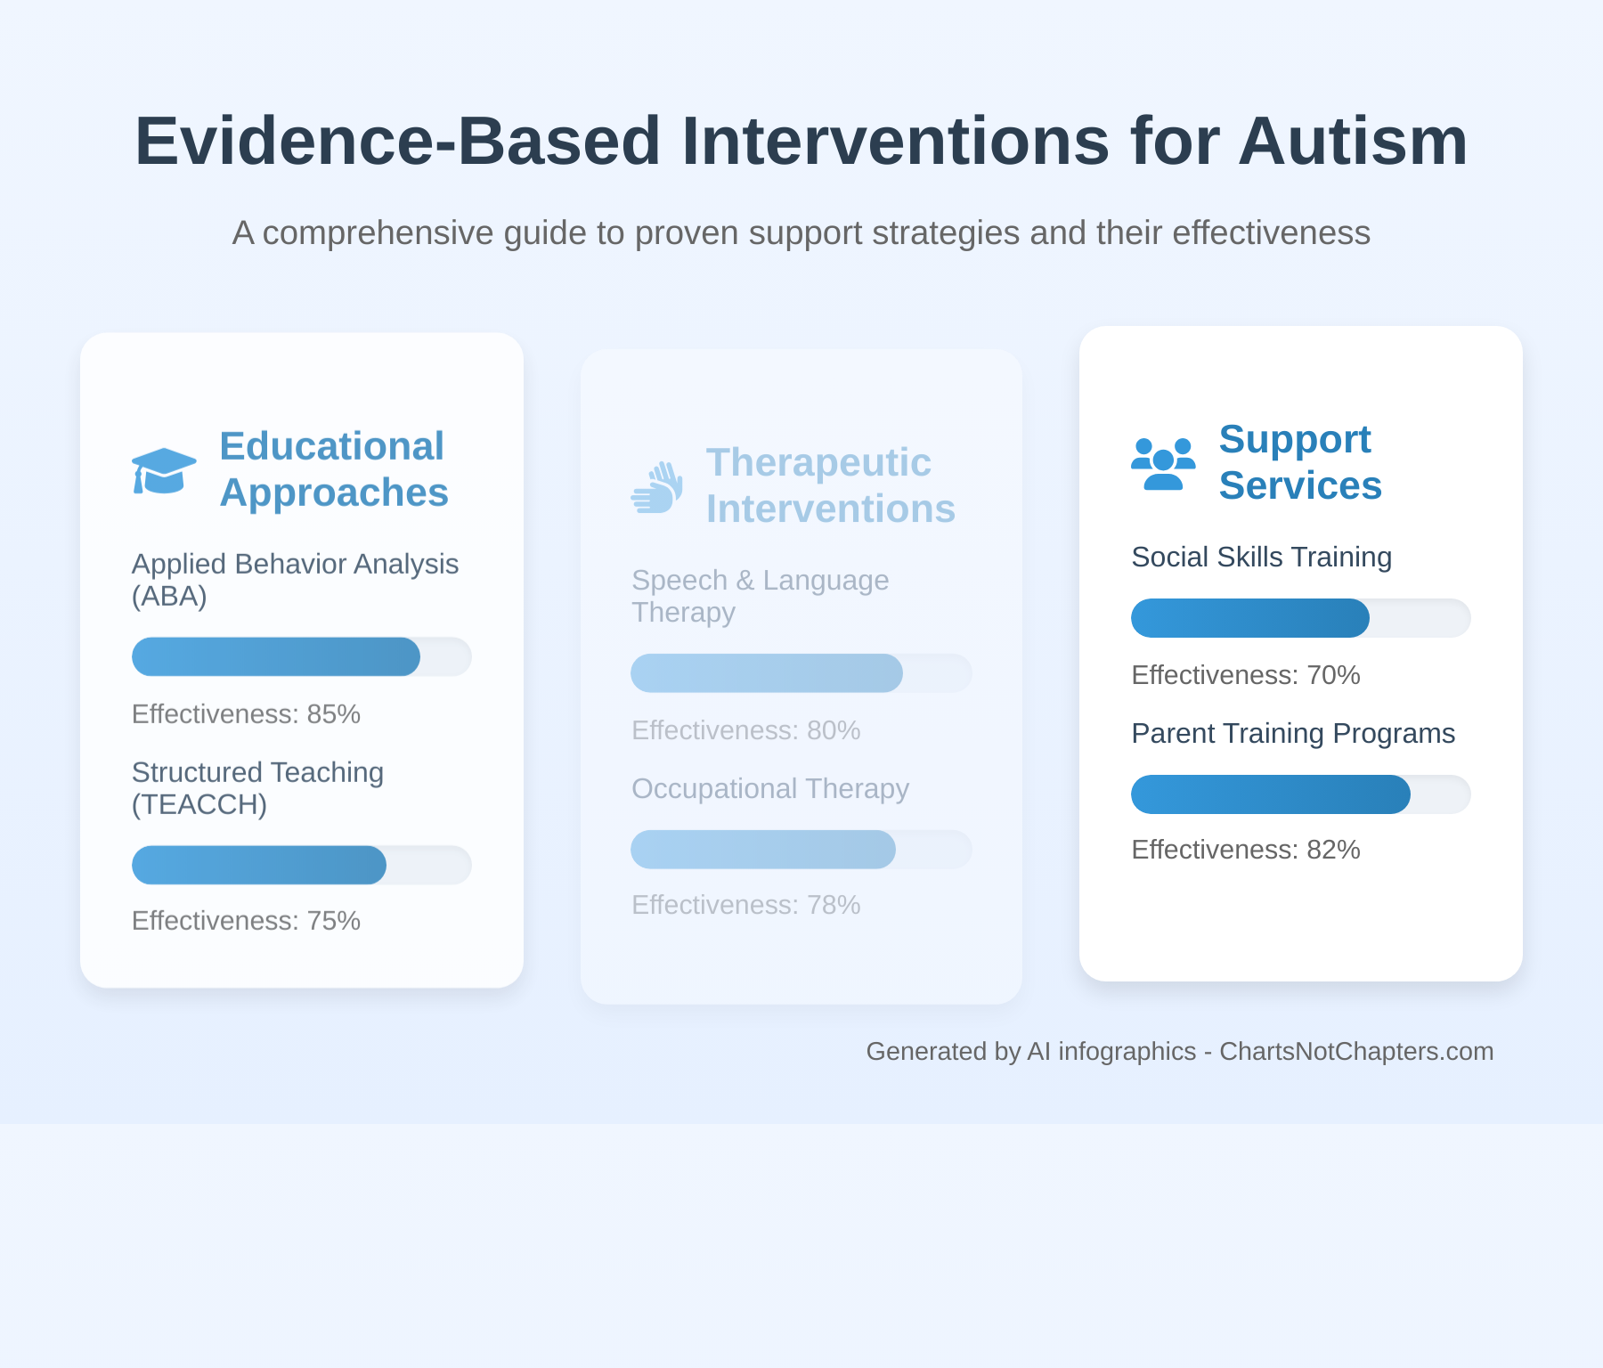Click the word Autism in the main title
pyautogui.click(x=1352, y=142)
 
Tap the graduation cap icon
pyautogui.click(x=164, y=470)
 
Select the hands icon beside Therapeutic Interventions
pyautogui.click(x=657, y=487)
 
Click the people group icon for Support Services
pyautogui.click(x=1162, y=463)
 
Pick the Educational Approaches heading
pyautogui.click(x=333, y=469)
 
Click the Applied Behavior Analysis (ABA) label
pyautogui.click(x=295, y=580)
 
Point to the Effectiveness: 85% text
pyautogui.click(x=246, y=714)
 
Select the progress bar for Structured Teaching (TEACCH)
pyautogui.click(x=301, y=865)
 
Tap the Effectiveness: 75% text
pyautogui.click(x=246, y=921)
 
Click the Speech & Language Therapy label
pyautogui.click(x=760, y=596)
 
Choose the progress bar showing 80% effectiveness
pyautogui.click(x=801, y=673)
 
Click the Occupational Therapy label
pyautogui.click(x=770, y=789)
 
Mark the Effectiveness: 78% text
pyautogui.click(x=745, y=905)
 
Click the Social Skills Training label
pyautogui.click(x=1261, y=558)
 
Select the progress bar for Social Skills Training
pyautogui.click(x=1300, y=618)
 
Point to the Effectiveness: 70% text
pyautogui.click(x=1245, y=675)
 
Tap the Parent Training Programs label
pyautogui.click(x=1292, y=734)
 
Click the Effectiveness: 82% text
pyautogui.click(x=1245, y=850)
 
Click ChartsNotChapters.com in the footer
pyautogui.click(x=1355, y=1052)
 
